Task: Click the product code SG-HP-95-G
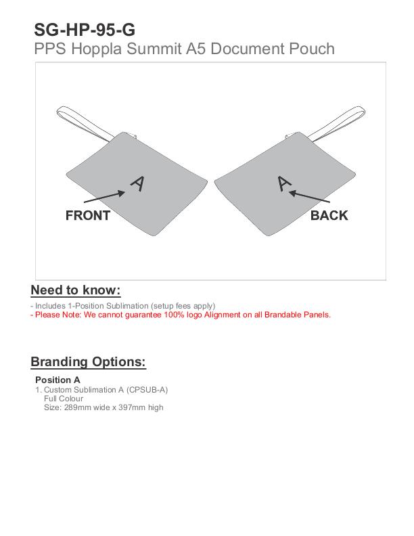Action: (x=85, y=30)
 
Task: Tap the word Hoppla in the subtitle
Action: (x=96, y=49)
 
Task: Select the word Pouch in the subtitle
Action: (x=312, y=49)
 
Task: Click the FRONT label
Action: (x=88, y=216)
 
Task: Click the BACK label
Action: (x=329, y=216)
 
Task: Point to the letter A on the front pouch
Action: (x=138, y=184)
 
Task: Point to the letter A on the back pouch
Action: (x=284, y=183)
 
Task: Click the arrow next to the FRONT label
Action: (x=105, y=196)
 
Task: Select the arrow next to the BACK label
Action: (x=309, y=196)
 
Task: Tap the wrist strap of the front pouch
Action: (x=85, y=122)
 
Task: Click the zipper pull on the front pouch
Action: (x=133, y=135)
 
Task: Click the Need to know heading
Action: (x=76, y=290)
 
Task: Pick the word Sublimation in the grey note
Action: (x=127, y=306)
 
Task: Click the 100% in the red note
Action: (x=174, y=315)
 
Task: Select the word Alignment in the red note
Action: (x=223, y=315)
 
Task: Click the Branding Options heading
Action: (x=88, y=361)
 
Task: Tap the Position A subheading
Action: (x=57, y=380)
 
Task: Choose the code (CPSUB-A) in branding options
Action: (x=147, y=390)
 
